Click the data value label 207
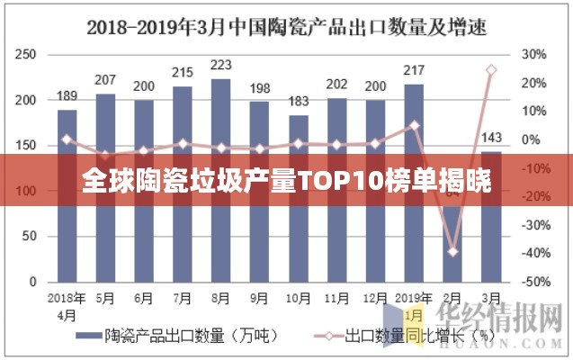(x=105, y=81)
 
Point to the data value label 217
(x=415, y=70)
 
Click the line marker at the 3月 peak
(x=491, y=69)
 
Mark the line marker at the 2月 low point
(x=453, y=251)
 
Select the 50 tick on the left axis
(x=29, y=237)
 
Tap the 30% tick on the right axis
(x=533, y=54)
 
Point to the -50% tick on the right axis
(x=533, y=283)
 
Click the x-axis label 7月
(x=182, y=298)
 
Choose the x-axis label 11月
(x=336, y=298)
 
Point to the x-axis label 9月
(x=259, y=298)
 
